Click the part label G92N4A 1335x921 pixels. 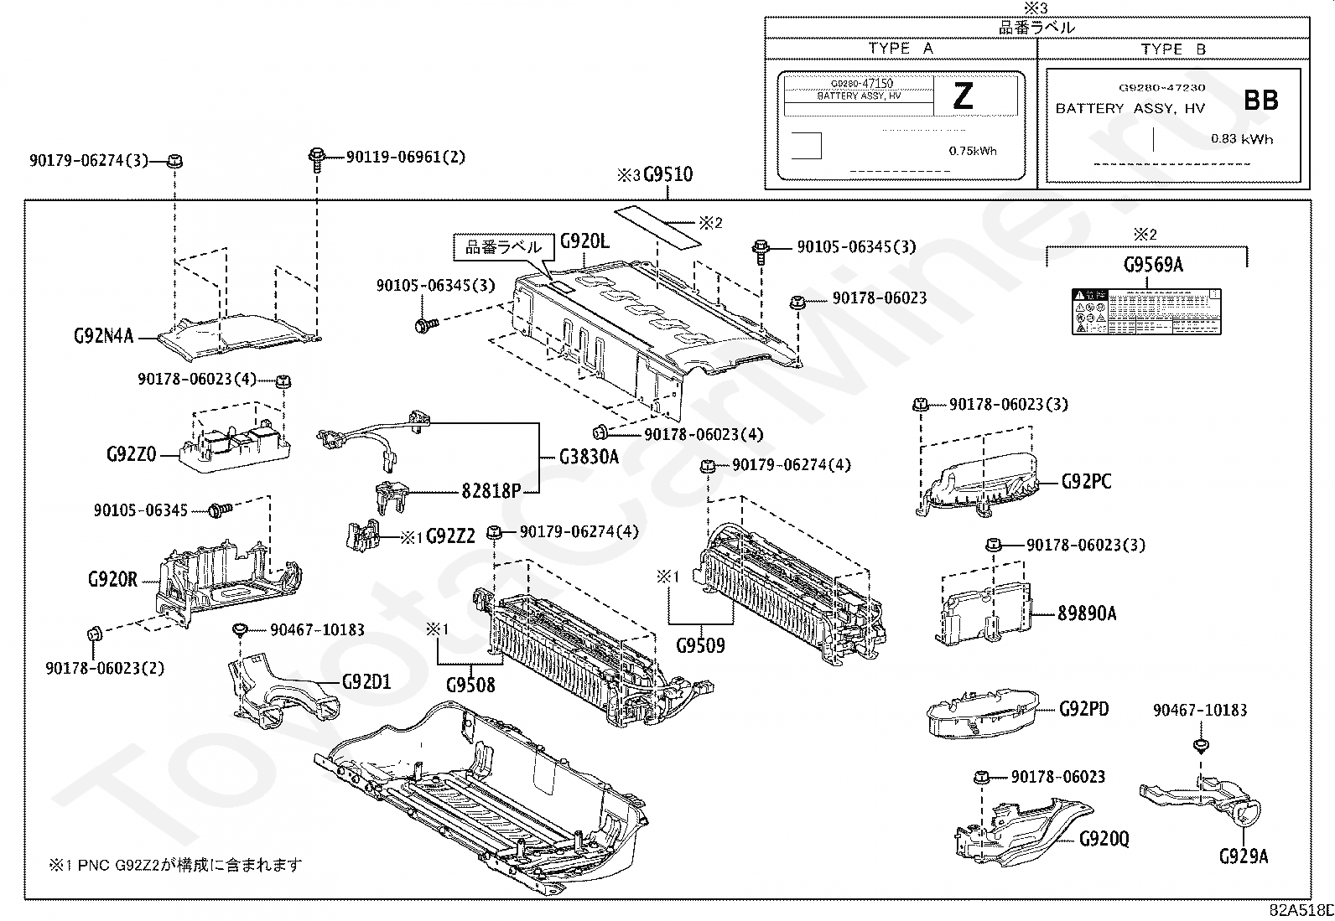coord(103,337)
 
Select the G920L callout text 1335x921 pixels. coord(584,242)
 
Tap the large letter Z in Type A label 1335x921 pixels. coord(964,97)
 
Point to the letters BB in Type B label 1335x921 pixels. coord(1260,101)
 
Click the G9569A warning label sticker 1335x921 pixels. coord(1145,311)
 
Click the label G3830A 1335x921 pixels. coord(589,457)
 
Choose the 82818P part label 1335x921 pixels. coord(491,491)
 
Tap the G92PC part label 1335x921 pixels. coord(1086,482)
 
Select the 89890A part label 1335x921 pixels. coord(1087,613)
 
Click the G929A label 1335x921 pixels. coord(1244,856)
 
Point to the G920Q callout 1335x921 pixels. coord(1104,839)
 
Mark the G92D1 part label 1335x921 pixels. coord(366,681)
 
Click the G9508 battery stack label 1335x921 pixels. coord(470,685)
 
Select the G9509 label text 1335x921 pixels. coord(700,646)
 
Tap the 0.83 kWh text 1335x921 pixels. coord(1241,139)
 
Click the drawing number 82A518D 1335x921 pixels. coord(1301,911)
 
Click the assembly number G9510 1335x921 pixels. coord(667,175)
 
